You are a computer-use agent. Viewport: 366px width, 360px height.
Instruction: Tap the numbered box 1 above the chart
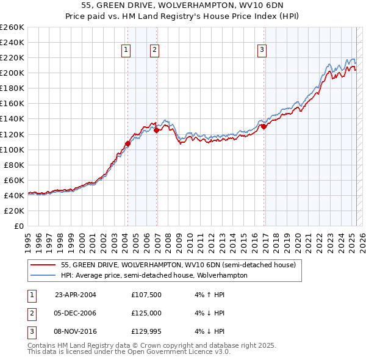pos(126,50)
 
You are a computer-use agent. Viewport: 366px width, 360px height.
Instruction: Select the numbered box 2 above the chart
pos(155,50)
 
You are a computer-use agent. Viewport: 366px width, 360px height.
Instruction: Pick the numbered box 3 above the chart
pos(262,50)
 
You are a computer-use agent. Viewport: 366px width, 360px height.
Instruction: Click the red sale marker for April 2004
pos(127,143)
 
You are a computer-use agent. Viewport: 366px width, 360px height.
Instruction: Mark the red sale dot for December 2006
pos(157,130)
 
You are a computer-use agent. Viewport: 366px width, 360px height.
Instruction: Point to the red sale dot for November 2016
pos(265,126)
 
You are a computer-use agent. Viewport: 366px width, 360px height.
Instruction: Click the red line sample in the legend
pos(43,265)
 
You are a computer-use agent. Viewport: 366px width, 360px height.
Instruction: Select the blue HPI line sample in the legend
pos(43,275)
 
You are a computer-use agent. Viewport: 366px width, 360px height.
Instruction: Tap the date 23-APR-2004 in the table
pos(76,295)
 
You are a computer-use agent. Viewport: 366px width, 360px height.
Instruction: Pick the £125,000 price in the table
pos(146,313)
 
